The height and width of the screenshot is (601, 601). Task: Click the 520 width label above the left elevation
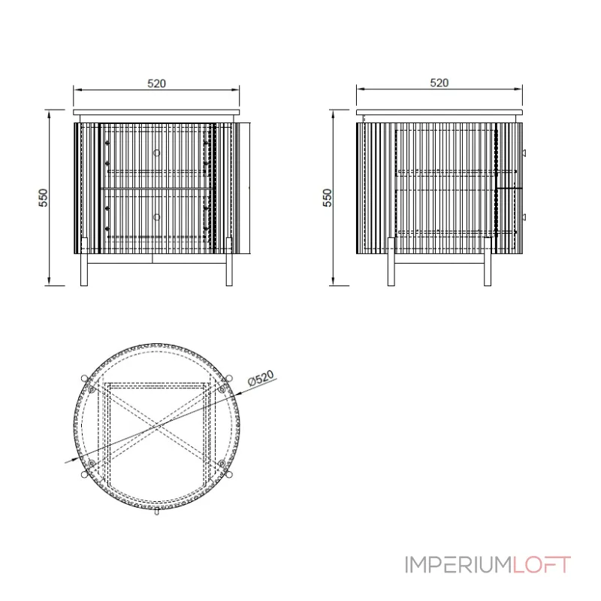click(x=156, y=83)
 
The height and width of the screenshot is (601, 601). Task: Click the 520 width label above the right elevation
click(x=439, y=83)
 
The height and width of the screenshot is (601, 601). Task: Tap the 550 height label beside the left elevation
click(x=44, y=197)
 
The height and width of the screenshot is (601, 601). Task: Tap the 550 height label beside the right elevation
click(x=327, y=198)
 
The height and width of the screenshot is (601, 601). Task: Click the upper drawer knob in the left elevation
click(x=156, y=153)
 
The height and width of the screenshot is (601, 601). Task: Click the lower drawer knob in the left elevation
click(x=156, y=217)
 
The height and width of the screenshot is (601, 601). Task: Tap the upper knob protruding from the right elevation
click(x=525, y=153)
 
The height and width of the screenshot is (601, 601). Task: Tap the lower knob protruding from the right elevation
click(x=525, y=217)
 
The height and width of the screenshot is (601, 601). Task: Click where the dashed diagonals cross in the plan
click(x=157, y=427)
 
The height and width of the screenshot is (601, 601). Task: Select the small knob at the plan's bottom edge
click(x=156, y=513)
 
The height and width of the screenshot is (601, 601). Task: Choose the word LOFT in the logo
click(x=541, y=564)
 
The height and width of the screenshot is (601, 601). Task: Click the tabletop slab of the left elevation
click(x=156, y=112)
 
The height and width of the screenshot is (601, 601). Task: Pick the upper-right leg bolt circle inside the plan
click(x=222, y=390)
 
